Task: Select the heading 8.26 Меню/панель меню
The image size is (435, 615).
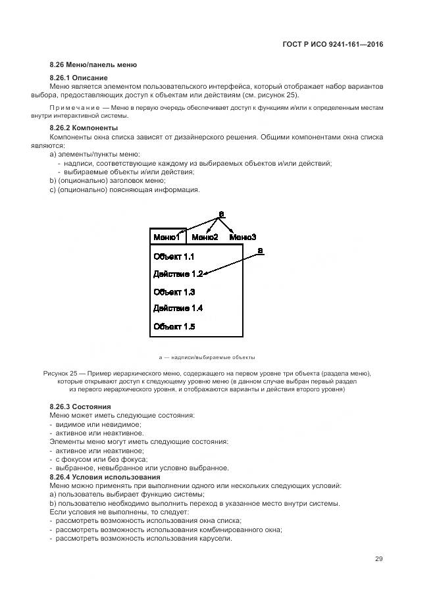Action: pos(93,65)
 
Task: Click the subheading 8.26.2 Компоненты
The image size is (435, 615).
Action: pos(84,127)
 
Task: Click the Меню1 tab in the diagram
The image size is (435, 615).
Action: pos(167,237)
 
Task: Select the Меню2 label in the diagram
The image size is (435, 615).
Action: pos(205,237)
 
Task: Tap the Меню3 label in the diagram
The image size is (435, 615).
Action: pos(243,237)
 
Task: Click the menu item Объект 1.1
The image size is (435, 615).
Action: pos(174,257)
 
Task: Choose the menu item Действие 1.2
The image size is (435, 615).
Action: pos(178,274)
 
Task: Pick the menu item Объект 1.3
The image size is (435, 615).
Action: pos(174,291)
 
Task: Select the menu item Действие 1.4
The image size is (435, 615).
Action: pos(178,308)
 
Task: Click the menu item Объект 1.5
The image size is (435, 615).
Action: pos(174,326)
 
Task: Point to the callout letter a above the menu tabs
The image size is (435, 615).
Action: pos(222,214)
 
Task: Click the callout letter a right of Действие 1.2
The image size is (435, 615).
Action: pos(260,251)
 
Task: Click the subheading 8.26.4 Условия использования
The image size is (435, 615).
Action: pos(105,476)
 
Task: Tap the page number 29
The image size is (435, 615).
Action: pos(378,559)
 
